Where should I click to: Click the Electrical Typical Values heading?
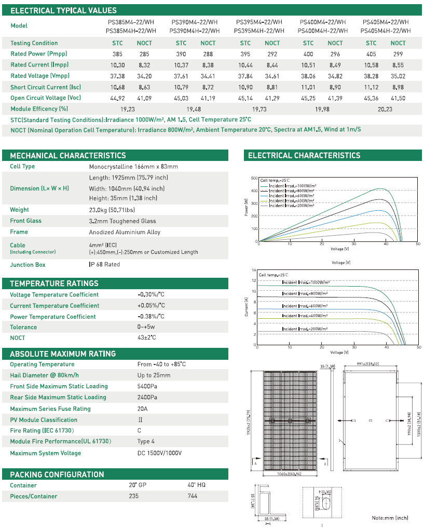pyautogui.click(x=63, y=10)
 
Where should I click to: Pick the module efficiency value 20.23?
pyautogui.click(x=385, y=109)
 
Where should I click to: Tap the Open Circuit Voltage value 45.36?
pyautogui.click(x=371, y=98)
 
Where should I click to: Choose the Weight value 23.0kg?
pyautogui.click(x=111, y=210)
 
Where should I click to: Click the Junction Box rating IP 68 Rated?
pyautogui.click(x=104, y=265)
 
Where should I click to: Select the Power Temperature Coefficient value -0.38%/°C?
pyautogui.click(x=151, y=317)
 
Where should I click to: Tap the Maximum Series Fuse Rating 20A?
pyautogui.click(x=142, y=409)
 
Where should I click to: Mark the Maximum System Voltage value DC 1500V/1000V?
pyautogui.click(x=159, y=453)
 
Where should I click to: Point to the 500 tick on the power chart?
pyautogui.click(x=254, y=178)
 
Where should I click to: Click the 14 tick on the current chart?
pyautogui.click(x=254, y=270)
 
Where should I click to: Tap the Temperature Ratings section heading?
pyautogui.click(x=54, y=283)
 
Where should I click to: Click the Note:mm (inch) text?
pyautogui.click(x=390, y=518)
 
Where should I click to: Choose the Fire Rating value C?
pyautogui.click(x=139, y=431)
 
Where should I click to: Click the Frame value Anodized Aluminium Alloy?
pyautogui.click(x=125, y=232)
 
